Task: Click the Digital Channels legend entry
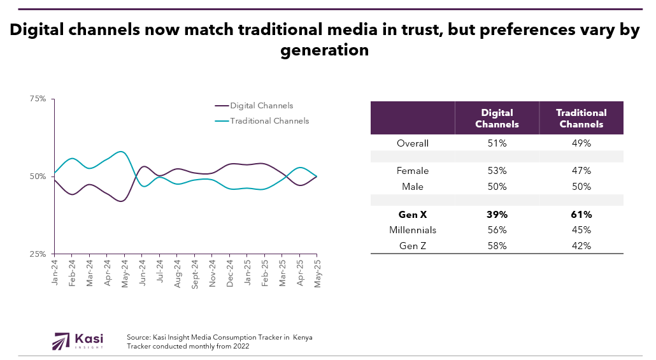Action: pos(261,106)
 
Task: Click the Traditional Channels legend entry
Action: pos(269,121)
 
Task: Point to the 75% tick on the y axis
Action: pos(38,99)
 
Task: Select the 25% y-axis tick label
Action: pos(38,254)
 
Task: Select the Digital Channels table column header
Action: pos(497,119)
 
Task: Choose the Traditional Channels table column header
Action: pos(581,119)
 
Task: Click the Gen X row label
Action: pos(412,215)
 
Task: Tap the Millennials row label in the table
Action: pos(412,230)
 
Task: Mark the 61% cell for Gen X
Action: pos(581,215)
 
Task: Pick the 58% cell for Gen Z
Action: pos(497,246)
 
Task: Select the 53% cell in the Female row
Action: pos(497,171)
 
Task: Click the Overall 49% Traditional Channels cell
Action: pos(581,143)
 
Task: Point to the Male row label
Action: pos(412,187)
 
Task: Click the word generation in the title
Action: pos(325,50)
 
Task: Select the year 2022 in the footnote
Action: pos(239,347)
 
